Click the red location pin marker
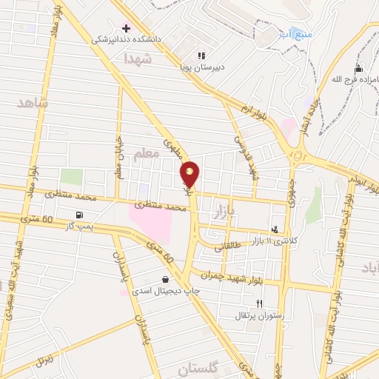190,175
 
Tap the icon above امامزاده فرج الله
358,69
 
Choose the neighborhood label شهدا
138,57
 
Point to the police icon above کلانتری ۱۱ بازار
276,230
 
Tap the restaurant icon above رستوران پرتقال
259,303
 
